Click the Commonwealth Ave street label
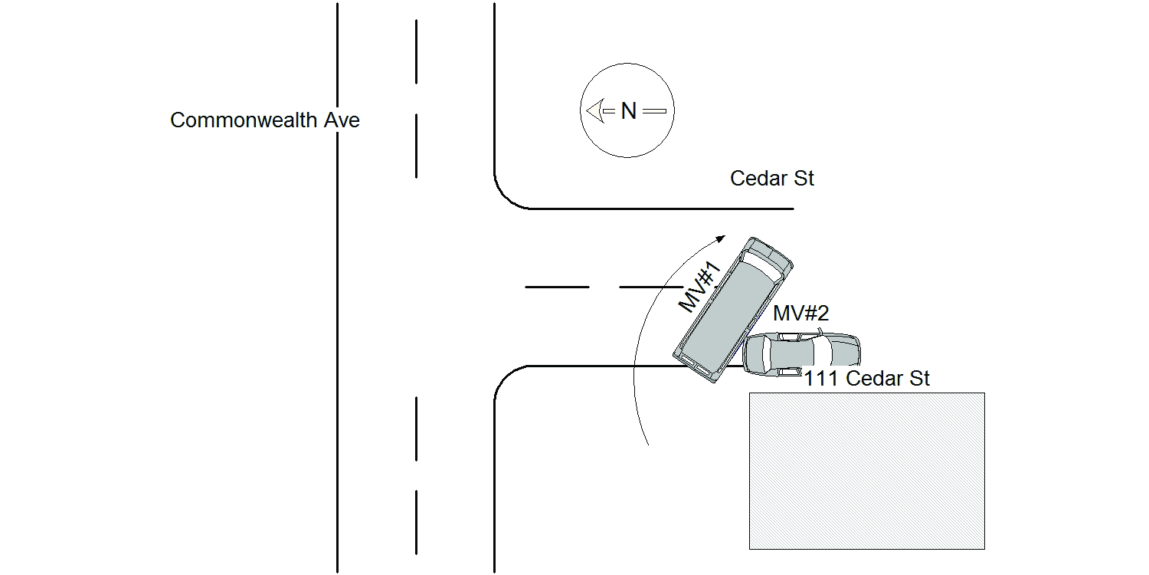(x=265, y=120)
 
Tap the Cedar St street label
(x=772, y=179)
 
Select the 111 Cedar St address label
(x=866, y=379)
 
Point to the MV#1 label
(x=701, y=287)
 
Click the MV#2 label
(x=800, y=313)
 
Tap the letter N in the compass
(x=628, y=111)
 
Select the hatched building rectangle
(x=867, y=471)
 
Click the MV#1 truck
(x=733, y=310)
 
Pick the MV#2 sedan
(x=802, y=354)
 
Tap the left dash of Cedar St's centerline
(x=557, y=287)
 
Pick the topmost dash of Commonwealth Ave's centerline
(x=416, y=51)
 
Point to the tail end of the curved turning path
(x=648, y=445)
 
